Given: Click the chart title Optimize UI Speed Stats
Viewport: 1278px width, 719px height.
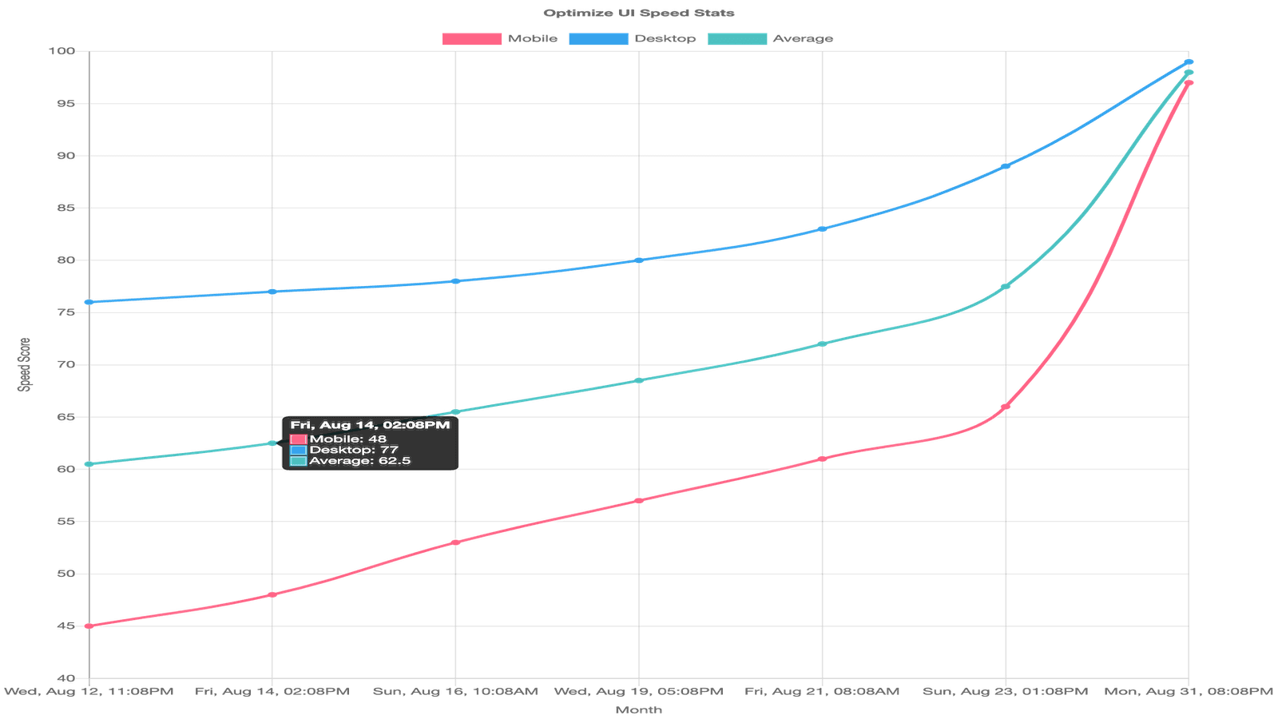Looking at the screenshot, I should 638,13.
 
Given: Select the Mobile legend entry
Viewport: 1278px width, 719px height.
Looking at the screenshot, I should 499,38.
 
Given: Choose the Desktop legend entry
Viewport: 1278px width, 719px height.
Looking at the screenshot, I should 632,38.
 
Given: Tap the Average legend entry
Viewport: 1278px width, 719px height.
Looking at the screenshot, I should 770,38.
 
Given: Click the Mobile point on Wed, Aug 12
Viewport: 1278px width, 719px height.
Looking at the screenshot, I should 89,626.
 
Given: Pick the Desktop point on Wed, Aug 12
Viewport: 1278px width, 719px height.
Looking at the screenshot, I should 89,302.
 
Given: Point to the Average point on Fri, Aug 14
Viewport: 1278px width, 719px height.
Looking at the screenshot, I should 272,443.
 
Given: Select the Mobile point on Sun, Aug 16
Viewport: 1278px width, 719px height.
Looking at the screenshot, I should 455,542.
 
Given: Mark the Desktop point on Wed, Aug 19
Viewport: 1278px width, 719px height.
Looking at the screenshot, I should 639,260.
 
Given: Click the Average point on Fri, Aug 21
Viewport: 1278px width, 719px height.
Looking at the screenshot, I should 822,344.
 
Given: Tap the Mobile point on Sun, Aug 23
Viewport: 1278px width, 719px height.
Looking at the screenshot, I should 1006,407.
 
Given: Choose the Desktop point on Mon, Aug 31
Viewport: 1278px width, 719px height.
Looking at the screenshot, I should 1189,62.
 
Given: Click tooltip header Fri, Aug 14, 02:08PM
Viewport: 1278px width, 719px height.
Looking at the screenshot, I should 370,425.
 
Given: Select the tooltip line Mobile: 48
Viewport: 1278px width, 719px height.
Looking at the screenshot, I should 347,439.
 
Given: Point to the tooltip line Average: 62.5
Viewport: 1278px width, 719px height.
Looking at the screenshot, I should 359,461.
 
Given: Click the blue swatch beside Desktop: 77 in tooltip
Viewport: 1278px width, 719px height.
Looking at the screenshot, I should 299,450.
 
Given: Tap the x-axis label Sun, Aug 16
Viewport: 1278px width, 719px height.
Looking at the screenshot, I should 455,691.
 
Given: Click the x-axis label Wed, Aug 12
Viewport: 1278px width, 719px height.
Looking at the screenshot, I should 89,691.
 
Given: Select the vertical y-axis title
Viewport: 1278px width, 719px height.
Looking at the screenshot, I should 25,364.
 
